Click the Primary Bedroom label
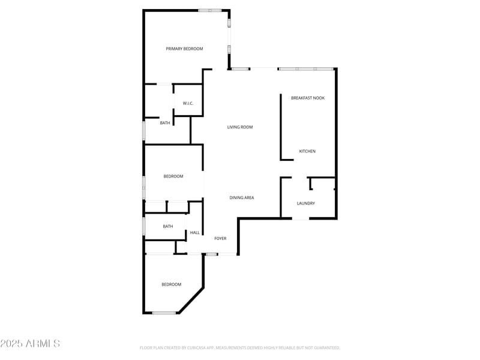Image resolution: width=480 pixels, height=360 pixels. click(184, 49)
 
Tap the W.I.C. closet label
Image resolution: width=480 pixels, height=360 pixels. click(188, 103)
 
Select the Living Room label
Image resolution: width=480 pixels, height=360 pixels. click(240, 127)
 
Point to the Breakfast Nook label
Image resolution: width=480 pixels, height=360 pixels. click(308, 98)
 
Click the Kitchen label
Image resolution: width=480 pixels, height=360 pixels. click(307, 151)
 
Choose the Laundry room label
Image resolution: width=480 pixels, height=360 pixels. click(305, 203)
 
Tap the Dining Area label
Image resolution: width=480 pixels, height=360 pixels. click(242, 197)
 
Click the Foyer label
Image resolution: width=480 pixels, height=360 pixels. click(220, 239)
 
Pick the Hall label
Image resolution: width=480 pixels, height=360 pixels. click(194, 233)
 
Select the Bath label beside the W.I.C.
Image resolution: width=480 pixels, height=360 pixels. click(165, 123)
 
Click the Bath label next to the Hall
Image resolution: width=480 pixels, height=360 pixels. click(168, 226)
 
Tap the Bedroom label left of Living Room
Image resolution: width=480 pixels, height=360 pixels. click(173, 176)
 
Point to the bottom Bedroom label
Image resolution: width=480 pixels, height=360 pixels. click(171, 284)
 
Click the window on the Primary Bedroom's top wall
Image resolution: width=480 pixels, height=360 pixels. click(210, 10)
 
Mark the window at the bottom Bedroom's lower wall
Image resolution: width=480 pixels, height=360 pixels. click(164, 313)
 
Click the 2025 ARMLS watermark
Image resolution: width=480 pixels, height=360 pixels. click(30, 344)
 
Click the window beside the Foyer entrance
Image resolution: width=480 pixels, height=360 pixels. click(211, 254)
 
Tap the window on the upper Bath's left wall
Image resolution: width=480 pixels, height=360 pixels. click(143, 131)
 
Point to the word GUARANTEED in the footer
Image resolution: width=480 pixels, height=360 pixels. click(324, 348)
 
